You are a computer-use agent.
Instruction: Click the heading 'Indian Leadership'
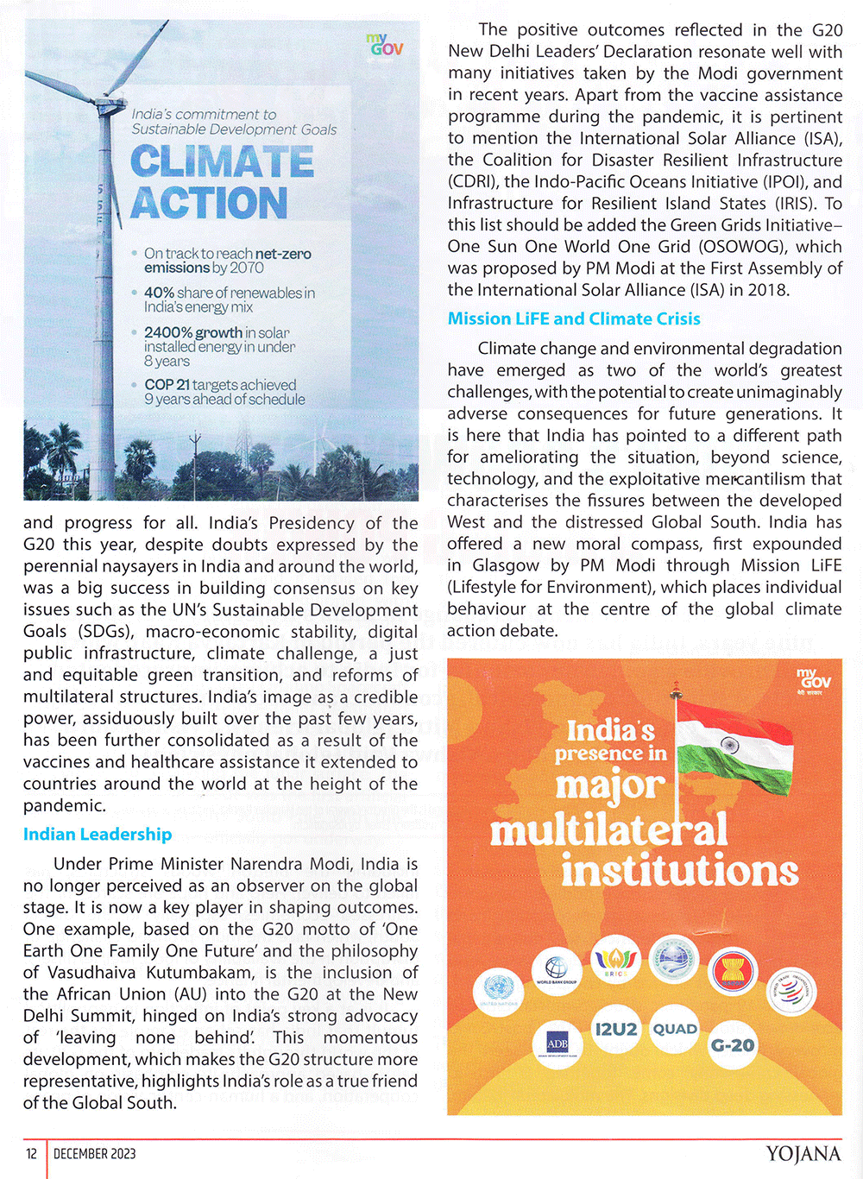pos(98,835)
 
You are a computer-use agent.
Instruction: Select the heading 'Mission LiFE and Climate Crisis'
pos(574,318)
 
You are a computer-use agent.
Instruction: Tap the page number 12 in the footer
pos(31,1154)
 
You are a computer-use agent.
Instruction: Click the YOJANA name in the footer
pos(803,1154)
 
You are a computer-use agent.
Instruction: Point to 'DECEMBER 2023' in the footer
pos(95,1154)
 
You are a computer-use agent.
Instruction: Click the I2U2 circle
pos(616,1029)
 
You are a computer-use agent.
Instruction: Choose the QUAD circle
pos(674,1029)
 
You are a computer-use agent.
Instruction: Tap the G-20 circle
pos(732,1045)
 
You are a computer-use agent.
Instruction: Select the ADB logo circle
pos(557,1044)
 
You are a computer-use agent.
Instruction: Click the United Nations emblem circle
pos(499,991)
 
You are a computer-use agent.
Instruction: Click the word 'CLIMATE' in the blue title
pos(222,161)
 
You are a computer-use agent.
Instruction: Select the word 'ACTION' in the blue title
pos(209,203)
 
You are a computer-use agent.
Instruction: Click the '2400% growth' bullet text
pos(193,333)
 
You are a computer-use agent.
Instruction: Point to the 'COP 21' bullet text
pos(167,385)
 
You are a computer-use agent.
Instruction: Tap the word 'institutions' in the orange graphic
pos(679,869)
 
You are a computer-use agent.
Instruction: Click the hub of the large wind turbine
pos(110,104)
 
